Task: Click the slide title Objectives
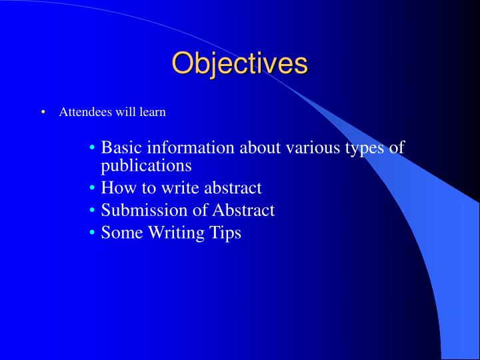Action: [x=240, y=64]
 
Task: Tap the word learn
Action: [x=152, y=112]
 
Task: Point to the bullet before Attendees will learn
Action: [x=43, y=112]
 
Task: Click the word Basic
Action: [x=121, y=147]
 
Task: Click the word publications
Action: [x=146, y=165]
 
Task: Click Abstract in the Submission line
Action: [x=243, y=210]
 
